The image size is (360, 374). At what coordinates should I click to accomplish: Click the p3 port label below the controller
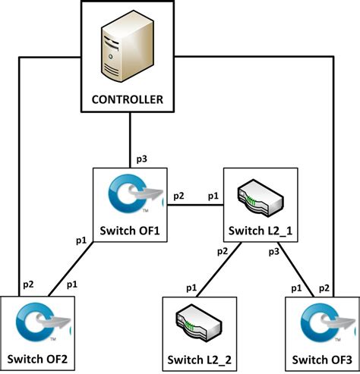pyautogui.click(x=142, y=159)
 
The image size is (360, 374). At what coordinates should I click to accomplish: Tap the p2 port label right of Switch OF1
pyautogui.click(x=179, y=196)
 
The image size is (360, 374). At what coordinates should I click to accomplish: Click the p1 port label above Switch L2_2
pyautogui.click(x=193, y=288)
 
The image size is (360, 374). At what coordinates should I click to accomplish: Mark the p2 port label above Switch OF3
pyautogui.click(x=324, y=288)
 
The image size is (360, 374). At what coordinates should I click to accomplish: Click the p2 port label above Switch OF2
pyautogui.click(x=27, y=284)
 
